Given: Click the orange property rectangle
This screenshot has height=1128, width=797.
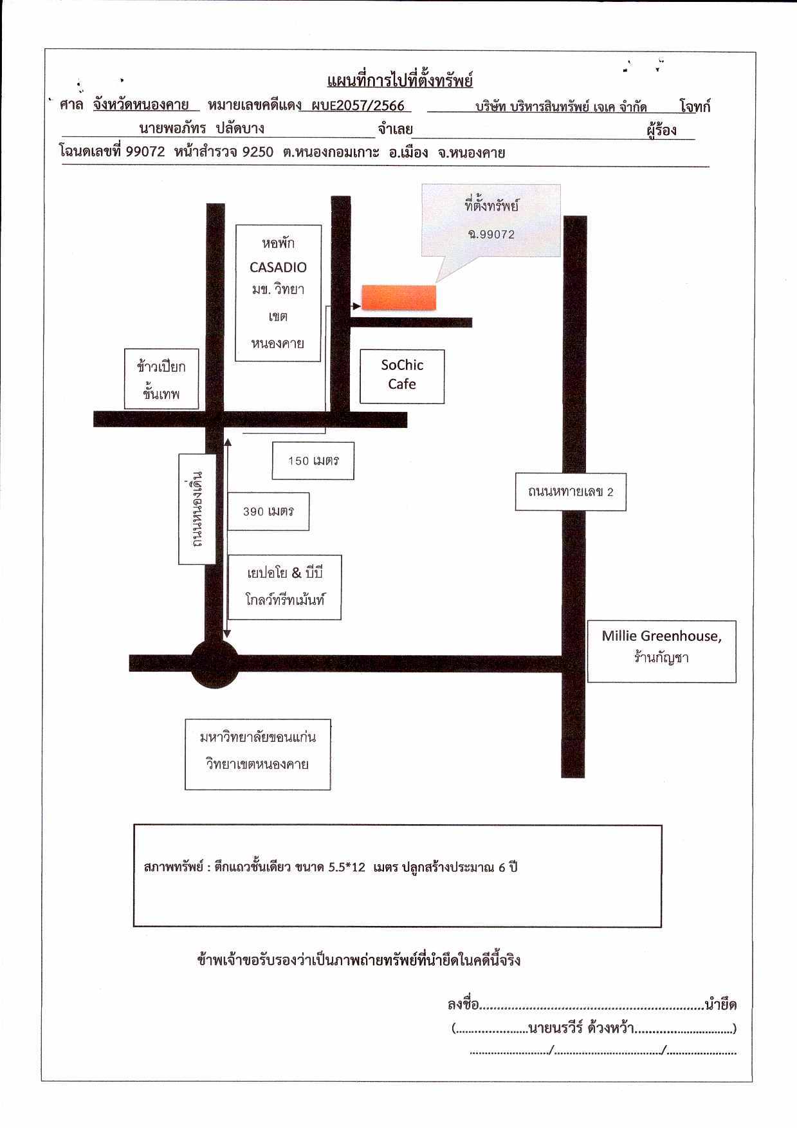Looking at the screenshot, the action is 399,297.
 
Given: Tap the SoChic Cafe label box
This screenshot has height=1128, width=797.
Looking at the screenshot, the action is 402,376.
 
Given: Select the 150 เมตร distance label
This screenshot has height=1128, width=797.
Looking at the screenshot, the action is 313,461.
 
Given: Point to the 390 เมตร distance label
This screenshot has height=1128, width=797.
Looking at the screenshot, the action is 268,512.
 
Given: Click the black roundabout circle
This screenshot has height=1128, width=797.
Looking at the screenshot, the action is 215,663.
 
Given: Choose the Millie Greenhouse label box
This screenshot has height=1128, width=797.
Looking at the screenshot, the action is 662,651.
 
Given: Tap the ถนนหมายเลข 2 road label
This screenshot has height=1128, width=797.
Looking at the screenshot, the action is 571,492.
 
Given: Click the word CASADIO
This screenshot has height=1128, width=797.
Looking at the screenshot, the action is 278,267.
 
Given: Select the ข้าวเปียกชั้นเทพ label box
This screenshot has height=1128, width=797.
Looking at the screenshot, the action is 161,379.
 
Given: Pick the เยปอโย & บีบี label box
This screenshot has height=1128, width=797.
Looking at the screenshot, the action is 284,587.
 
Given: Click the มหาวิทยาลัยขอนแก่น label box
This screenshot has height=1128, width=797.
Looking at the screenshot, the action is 258,754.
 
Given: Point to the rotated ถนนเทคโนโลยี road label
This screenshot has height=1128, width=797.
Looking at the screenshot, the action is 197,508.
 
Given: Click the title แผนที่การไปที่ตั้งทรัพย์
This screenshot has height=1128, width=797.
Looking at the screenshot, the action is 400,81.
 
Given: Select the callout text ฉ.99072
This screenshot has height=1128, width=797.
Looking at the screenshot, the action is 491,234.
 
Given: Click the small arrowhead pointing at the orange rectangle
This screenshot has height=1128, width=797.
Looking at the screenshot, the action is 357,306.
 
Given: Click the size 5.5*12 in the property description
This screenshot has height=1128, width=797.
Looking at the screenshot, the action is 347,867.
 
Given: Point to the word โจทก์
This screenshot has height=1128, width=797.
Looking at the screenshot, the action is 695,107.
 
